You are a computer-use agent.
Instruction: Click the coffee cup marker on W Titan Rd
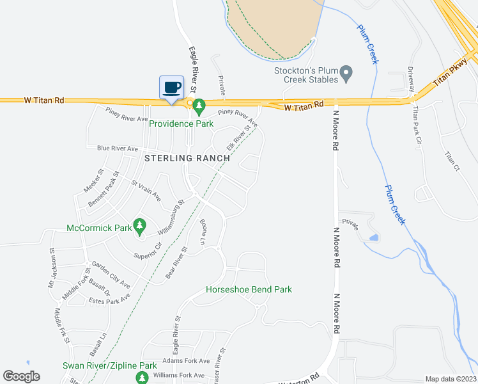(x=171, y=87)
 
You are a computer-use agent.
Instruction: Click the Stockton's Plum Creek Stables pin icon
(x=346, y=74)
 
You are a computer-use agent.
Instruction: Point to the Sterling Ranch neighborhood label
(x=183, y=157)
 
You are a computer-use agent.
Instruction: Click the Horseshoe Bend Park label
(x=249, y=289)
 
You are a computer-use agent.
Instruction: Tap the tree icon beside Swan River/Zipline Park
(x=142, y=378)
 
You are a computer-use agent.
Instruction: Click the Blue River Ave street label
(x=118, y=148)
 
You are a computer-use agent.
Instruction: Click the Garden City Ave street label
(x=111, y=274)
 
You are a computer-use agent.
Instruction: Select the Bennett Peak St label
(x=103, y=189)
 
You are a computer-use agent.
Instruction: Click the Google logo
(x=22, y=376)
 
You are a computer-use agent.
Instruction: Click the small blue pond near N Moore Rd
(x=373, y=238)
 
